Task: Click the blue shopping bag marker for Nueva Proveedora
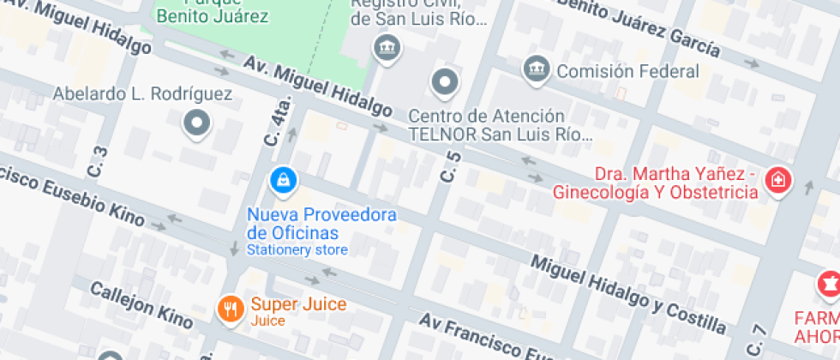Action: click(x=283, y=180)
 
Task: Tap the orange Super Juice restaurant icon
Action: click(x=229, y=309)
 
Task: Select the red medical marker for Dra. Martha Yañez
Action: click(x=778, y=181)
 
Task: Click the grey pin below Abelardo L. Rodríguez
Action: click(x=197, y=123)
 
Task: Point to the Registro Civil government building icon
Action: click(x=387, y=46)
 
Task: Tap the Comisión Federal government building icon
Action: click(x=537, y=67)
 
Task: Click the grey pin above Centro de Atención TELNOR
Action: click(x=444, y=83)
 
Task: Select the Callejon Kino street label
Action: click(x=141, y=304)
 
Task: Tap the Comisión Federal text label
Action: click(x=627, y=71)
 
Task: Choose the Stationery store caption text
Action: click(x=297, y=250)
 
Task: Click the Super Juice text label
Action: click(x=298, y=304)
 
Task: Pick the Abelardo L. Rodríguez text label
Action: click(x=142, y=94)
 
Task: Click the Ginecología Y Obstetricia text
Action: click(x=656, y=192)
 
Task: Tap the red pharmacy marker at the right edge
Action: click(x=828, y=282)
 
